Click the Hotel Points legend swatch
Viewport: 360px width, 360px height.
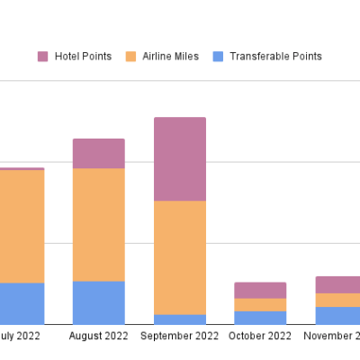[x=43, y=57]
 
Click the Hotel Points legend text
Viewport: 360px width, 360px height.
[x=83, y=57]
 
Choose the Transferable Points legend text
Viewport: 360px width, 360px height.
[x=275, y=57]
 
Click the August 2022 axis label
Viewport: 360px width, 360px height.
[x=99, y=337]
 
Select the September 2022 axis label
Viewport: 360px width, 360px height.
[x=180, y=337]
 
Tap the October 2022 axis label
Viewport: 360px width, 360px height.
[x=260, y=337]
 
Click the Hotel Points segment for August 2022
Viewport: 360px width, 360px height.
[x=99, y=154]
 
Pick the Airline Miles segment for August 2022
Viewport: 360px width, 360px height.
[x=99, y=225]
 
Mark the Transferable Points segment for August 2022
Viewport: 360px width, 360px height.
[x=99, y=302]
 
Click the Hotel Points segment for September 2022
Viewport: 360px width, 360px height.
[x=180, y=159]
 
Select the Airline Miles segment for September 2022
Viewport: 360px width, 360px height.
[x=180, y=257]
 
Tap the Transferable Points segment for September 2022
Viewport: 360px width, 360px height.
[x=180, y=319]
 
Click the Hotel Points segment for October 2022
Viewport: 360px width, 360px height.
[x=260, y=290]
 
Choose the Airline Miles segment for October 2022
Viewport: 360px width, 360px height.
[x=260, y=305]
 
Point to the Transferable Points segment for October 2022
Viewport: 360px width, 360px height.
[x=260, y=318]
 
